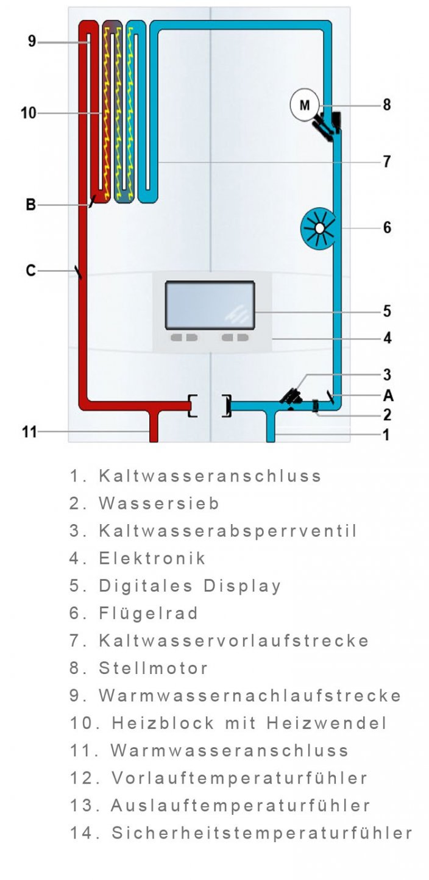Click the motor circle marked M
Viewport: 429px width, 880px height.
[304, 105]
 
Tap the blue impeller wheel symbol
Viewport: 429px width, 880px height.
[319, 229]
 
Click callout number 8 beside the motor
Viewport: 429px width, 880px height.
[386, 105]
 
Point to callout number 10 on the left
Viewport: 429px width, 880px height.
[28, 113]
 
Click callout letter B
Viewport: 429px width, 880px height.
[30, 205]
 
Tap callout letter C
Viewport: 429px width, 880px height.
[30, 270]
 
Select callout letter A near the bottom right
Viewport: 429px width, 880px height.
[388, 396]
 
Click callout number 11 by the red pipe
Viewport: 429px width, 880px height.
[29, 432]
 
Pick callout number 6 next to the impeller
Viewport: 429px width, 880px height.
[387, 228]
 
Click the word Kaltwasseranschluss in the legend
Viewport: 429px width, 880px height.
[210, 476]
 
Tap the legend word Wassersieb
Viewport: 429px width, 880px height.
[159, 503]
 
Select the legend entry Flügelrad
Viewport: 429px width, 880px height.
[149, 613]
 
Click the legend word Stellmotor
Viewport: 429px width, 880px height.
[154, 668]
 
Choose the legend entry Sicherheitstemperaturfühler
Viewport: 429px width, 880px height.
[262, 832]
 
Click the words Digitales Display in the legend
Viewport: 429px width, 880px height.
[190, 586]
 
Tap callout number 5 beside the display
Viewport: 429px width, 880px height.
[387, 311]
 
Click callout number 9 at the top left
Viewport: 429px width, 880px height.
[32, 41]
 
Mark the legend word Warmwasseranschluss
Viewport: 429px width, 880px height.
[230, 750]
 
